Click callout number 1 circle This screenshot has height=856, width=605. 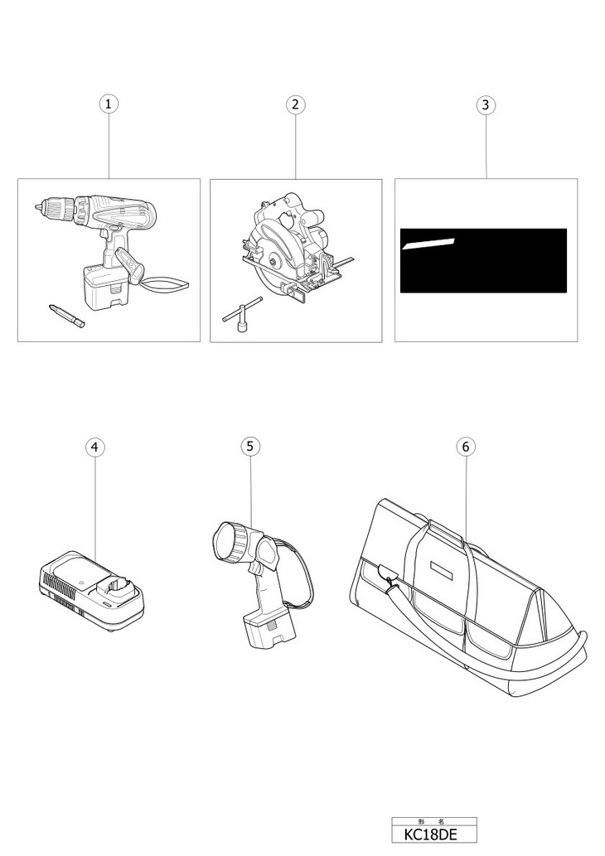pyautogui.click(x=109, y=104)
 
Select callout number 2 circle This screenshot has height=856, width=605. pyautogui.click(x=296, y=104)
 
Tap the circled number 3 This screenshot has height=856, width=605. pyautogui.click(x=486, y=104)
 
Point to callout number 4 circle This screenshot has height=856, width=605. pyautogui.click(x=94, y=447)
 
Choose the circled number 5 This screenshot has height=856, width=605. pyautogui.click(x=249, y=446)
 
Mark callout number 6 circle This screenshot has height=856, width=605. pyautogui.click(x=466, y=447)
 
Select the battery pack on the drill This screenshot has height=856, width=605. pyautogui.click(x=104, y=288)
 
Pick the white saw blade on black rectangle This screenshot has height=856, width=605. pyautogui.click(x=428, y=243)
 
